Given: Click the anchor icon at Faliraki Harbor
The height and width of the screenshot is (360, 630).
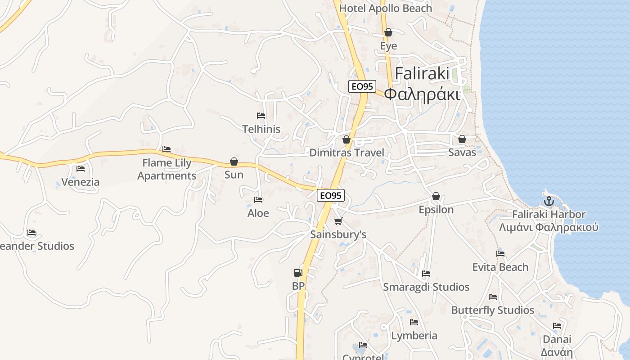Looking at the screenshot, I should tap(548, 201).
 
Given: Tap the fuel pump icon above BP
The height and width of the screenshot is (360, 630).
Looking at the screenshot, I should tap(298, 272).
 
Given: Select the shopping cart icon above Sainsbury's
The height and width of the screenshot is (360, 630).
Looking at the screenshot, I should tap(338, 221).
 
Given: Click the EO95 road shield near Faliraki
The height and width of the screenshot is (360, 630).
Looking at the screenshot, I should tap(362, 87).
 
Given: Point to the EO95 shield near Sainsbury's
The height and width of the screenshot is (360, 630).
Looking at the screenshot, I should tap(331, 195).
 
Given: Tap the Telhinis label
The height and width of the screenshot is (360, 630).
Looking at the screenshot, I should tap(261, 129).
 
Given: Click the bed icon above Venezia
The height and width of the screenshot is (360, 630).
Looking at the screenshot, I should tap(81, 169).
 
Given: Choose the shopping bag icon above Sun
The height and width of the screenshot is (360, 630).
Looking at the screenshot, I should tap(234, 161).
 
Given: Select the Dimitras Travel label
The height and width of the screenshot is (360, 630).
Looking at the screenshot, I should tap(346, 153).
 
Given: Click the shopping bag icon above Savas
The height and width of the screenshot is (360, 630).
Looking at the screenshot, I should tap(462, 139).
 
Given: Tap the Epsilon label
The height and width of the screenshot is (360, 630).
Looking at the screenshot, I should tap(436, 210).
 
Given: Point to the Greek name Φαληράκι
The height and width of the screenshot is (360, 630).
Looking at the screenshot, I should tap(423, 94).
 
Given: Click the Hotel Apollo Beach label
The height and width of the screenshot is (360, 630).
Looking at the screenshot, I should tap(385, 8).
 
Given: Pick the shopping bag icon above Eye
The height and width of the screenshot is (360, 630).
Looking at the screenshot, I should tap(388, 32).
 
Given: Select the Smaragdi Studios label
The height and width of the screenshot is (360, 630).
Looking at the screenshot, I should tap(426, 287).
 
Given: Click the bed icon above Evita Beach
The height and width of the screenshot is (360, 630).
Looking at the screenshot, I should tap(500, 254).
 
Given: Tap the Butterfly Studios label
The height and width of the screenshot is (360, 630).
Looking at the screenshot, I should tap(492, 310).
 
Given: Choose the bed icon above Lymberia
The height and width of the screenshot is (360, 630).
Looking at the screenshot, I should tap(414, 322).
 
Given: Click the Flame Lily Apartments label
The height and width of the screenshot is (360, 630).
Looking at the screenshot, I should tap(167, 169).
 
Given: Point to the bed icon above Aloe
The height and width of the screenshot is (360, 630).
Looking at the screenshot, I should tap(258, 199).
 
